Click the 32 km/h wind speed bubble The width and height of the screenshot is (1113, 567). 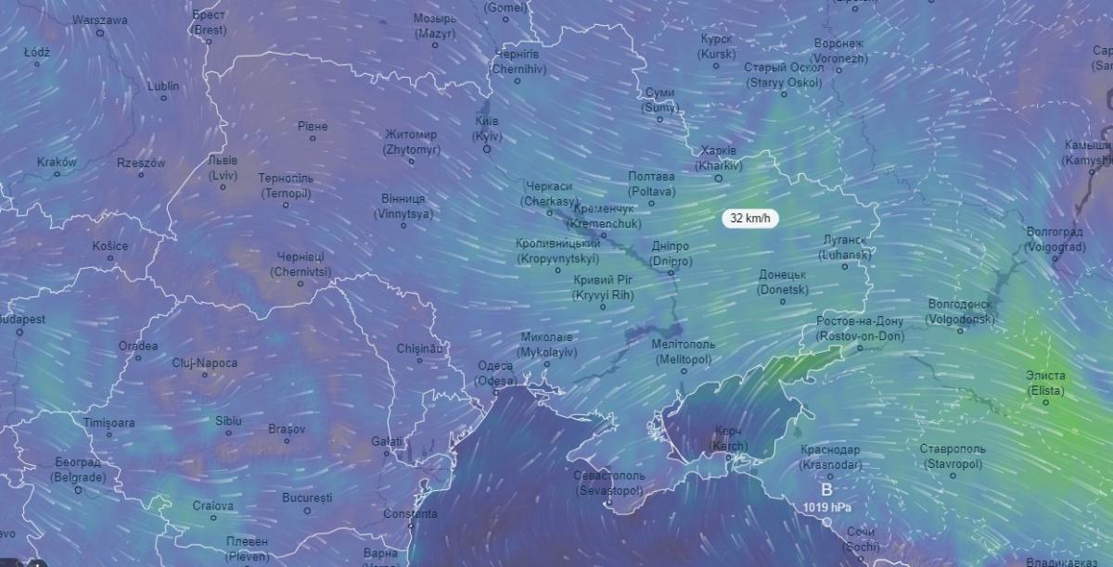click(750, 219)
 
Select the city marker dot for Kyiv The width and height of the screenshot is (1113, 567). click(486, 148)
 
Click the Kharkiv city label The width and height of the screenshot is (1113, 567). click(719, 158)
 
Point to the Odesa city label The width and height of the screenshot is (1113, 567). click(495, 373)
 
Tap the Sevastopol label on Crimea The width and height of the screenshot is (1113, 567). click(608, 482)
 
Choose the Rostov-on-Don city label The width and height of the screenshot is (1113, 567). click(860, 329)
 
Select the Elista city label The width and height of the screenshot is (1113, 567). click(1045, 383)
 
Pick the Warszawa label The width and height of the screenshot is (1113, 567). click(99, 19)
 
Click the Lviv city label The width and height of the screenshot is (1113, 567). click(223, 168)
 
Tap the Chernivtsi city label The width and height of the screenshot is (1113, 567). click(301, 264)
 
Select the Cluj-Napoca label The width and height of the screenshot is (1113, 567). click(205, 363)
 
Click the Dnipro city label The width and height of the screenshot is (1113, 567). click(670, 254)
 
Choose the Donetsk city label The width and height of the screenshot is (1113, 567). click(783, 282)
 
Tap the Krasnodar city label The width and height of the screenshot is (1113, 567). click(830, 457)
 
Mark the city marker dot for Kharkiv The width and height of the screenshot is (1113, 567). click(718, 178)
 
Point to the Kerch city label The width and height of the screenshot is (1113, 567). click(728, 438)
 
